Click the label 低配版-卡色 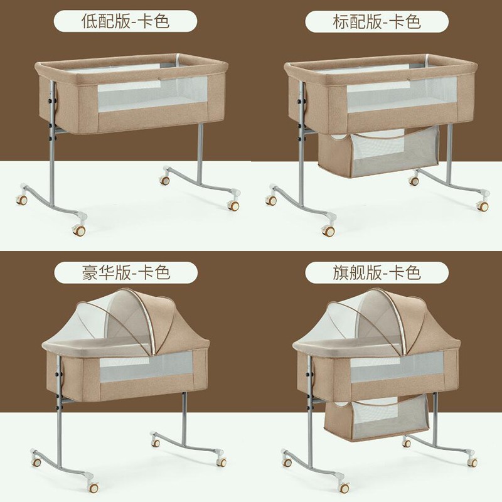[x=125, y=21]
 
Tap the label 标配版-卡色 [x=376, y=22]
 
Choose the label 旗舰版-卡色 [x=376, y=273]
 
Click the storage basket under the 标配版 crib [x=380, y=152]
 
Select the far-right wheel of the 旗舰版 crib [x=473, y=462]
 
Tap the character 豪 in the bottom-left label [x=90, y=273]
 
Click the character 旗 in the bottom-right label [x=341, y=273]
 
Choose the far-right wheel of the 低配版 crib [x=233, y=206]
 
